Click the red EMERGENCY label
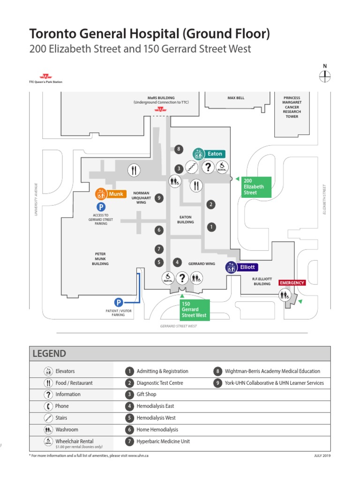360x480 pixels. click(x=292, y=283)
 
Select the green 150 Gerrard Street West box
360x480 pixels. click(x=194, y=309)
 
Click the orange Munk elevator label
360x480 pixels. click(x=111, y=194)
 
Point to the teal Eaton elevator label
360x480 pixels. click(x=209, y=154)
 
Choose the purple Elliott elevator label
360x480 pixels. click(x=241, y=267)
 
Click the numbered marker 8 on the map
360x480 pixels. click(x=178, y=149)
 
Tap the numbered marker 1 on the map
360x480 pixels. click(x=211, y=227)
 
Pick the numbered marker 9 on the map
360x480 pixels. click(x=159, y=198)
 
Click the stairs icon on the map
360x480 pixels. click(x=192, y=166)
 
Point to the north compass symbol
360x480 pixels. click(x=325, y=76)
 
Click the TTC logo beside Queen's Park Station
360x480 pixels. click(x=45, y=76)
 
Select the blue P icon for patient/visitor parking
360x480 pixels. click(x=119, y=302)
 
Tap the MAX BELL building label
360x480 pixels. click(x=236, y=98)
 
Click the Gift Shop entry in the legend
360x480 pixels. click(x=146, y=394)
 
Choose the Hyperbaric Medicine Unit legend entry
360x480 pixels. click(x=163, y=441)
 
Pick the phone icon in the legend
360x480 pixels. click(x=48, y=406)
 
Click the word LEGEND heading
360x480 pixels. click(x=49, y=353)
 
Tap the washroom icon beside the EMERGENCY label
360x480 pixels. click(x=285, y=295)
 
